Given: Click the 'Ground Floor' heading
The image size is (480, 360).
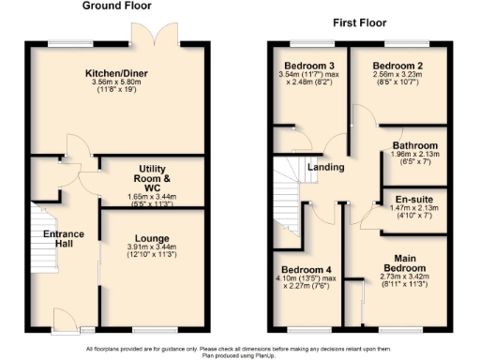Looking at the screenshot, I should pyautogui.click(x=118, y=7).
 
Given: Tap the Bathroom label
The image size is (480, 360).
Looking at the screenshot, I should pyautogui.click(x=414, y=146).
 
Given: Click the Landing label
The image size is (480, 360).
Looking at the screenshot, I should pyautogui.click(x=324, y=167).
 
